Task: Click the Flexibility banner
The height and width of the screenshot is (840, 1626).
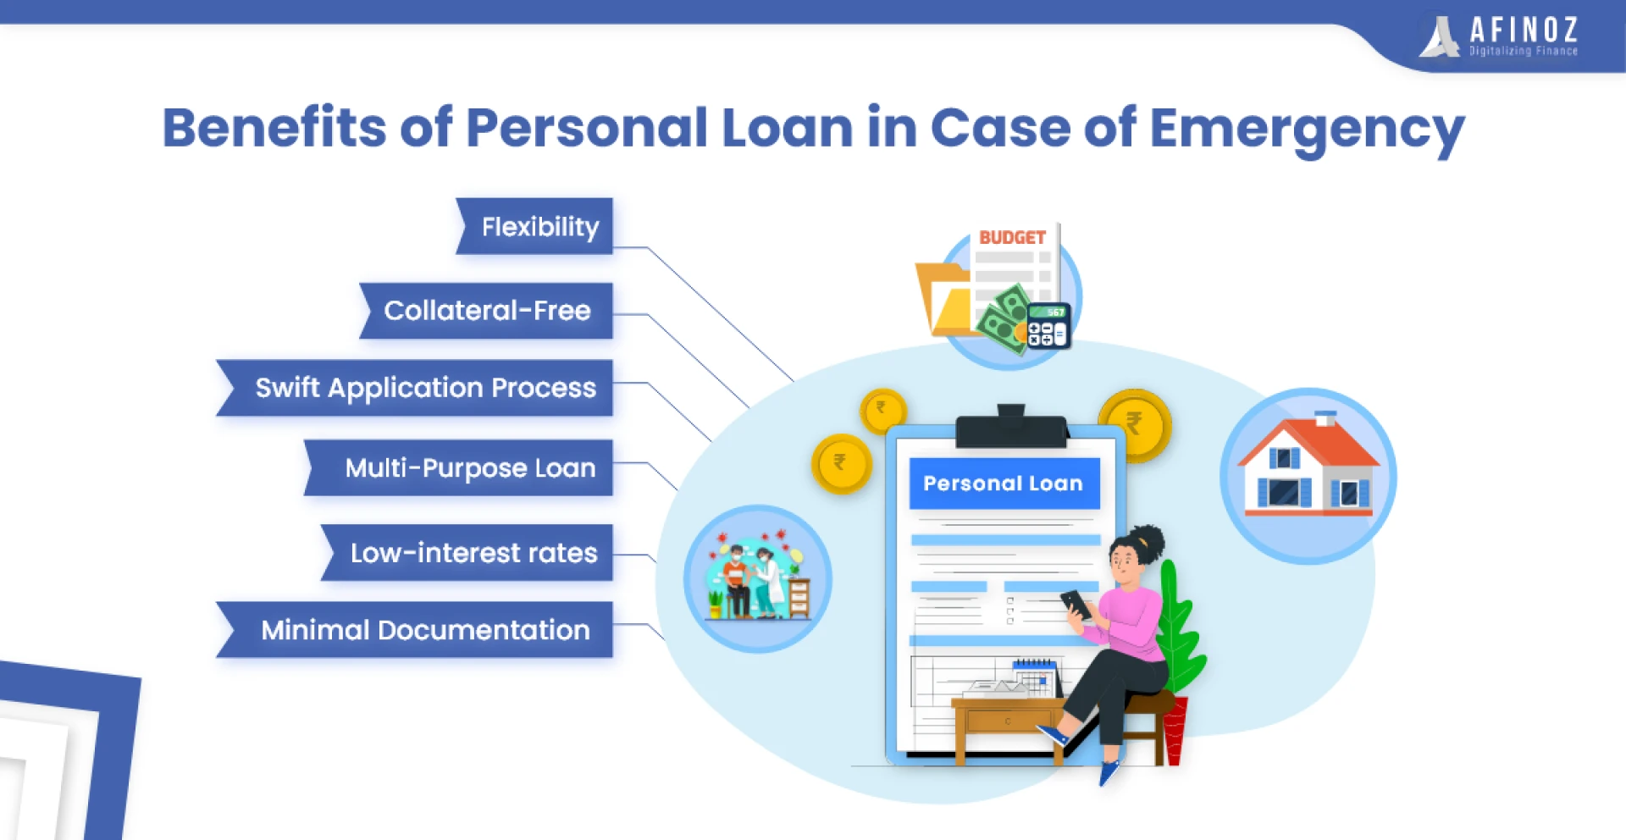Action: [x=534, y=226]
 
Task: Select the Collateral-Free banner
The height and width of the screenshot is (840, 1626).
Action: [x=486, y=311]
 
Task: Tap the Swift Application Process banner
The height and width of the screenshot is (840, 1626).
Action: [x=415, y=388]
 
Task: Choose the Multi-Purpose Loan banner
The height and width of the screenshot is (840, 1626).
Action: [x=458, y=467]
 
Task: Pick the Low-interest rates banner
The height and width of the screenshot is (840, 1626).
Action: [x=467, y=552]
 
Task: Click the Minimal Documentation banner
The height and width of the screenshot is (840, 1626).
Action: [x=415, y=629]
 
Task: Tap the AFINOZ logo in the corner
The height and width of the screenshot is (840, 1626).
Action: [x=1499, y=36]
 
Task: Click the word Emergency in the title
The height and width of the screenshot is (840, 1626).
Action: [x=1307, y=130]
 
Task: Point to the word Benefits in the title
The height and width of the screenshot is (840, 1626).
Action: [x=274, y=127]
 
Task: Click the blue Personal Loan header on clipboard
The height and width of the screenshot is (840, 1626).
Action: [x=1004, y=484]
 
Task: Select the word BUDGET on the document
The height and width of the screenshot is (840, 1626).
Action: [x=1012, y=238]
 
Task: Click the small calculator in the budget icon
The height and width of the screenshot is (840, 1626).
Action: [x=1048, y=326]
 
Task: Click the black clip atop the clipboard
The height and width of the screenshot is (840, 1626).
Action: [x=1011, y=428]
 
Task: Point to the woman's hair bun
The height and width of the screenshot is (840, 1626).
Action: [x=1150, y=538]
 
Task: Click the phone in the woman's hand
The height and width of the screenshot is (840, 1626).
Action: [x=1076, y=605]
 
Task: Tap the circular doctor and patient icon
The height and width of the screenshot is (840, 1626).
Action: [x=757, y=579]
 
